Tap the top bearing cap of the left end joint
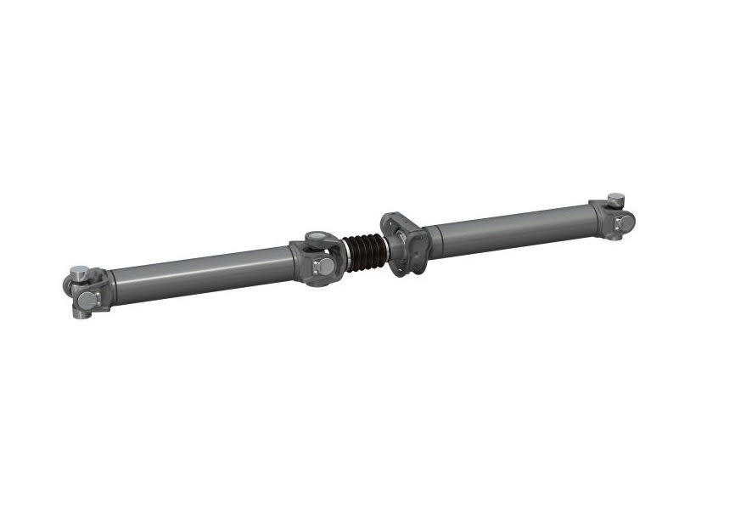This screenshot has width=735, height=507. coord(79,272)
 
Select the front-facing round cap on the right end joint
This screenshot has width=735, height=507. coord(625,222)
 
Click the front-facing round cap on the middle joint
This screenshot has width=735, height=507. coord(323,266)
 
